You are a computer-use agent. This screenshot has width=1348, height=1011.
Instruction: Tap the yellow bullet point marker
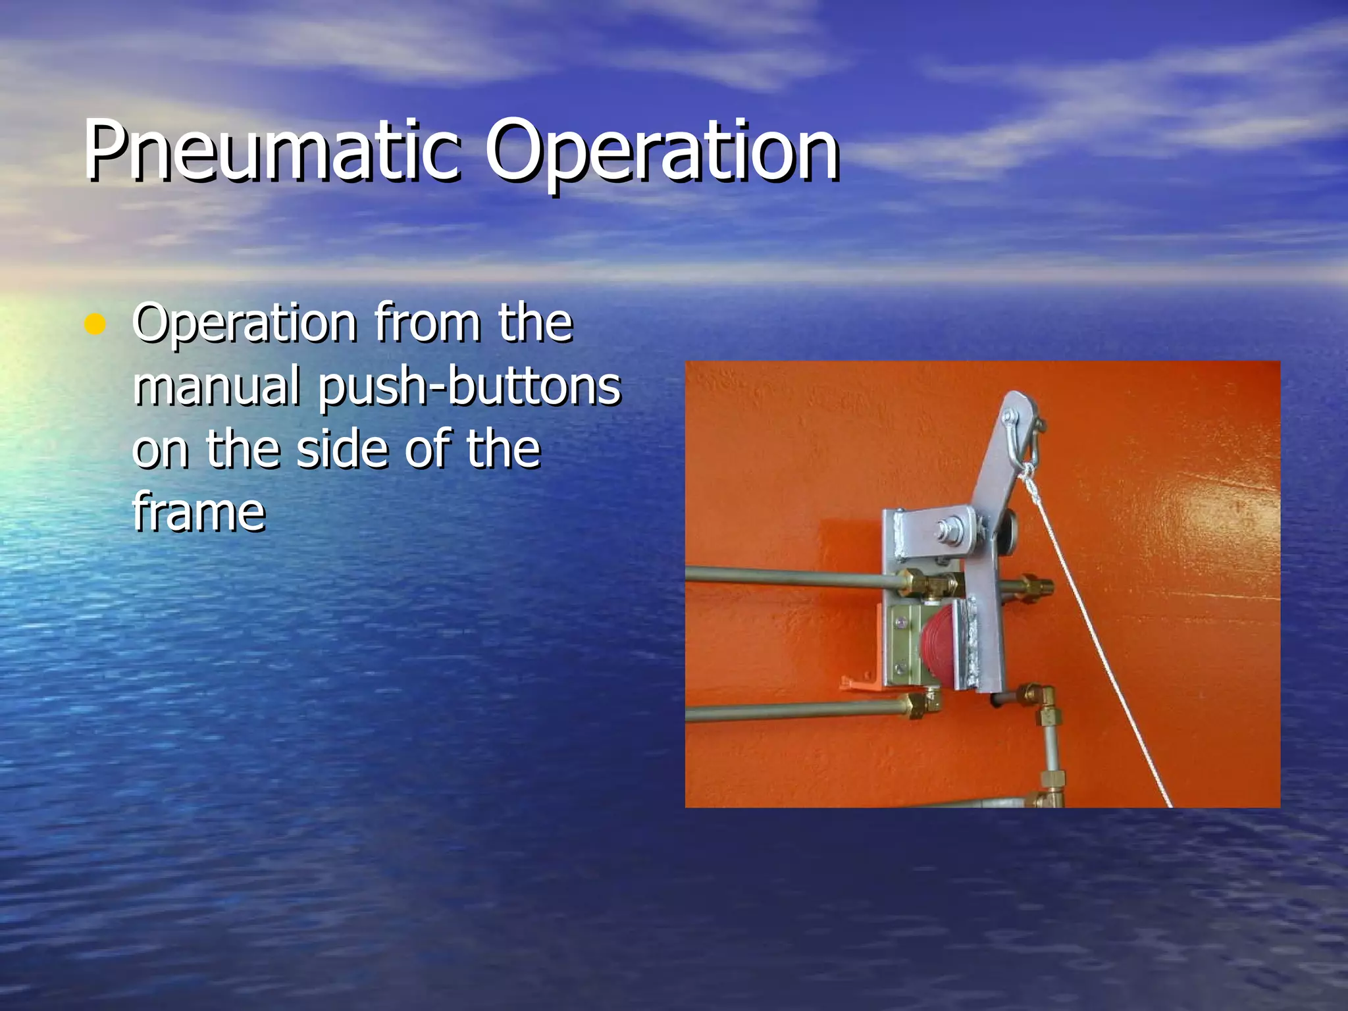[95, 324]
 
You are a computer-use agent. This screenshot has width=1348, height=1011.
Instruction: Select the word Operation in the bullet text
[244, 324]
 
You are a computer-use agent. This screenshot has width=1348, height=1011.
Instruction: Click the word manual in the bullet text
[217, 386]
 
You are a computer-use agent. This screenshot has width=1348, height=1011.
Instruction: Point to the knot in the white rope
[1027, 473]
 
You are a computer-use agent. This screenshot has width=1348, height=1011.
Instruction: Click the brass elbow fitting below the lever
[1040, 698]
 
